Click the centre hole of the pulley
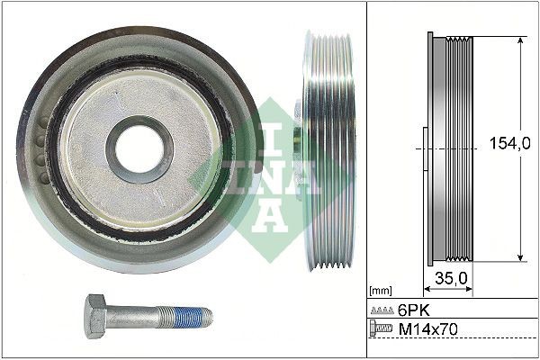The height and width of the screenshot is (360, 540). (139, 148)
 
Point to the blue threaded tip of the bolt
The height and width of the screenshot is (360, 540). (194, 316)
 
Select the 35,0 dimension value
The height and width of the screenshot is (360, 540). (448, 278)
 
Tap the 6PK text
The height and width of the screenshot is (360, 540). (413, 309)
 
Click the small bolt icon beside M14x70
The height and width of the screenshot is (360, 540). (382, 331)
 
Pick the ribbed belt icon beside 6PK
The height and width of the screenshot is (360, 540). (382, 309)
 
